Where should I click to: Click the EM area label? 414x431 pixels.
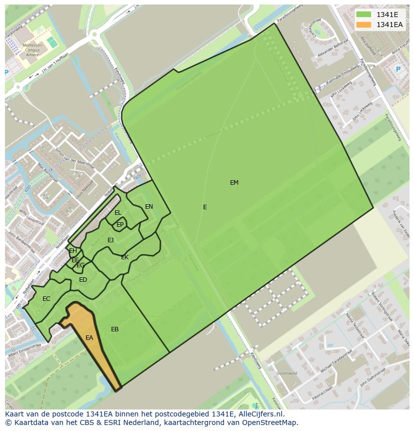click(234, 183)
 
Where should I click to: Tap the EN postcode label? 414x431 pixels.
click(149, 207)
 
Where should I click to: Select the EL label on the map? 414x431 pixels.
click(118, 213)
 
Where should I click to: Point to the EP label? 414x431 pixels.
click(120, 225)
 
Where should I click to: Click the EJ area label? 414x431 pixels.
click(110, 240)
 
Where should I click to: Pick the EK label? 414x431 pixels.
click(125, 257)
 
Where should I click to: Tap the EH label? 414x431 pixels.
click(73, 251)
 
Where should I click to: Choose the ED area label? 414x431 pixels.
click(83, 280)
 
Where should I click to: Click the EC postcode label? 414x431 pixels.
click(46, 299)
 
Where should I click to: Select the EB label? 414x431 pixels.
click(115, 329)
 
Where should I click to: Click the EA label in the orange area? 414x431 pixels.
click(89, 338)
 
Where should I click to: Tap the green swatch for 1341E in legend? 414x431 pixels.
click(363, 15)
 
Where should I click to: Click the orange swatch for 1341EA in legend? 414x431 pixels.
click(363, 25)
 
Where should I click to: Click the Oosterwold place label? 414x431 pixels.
click(287, 373)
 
